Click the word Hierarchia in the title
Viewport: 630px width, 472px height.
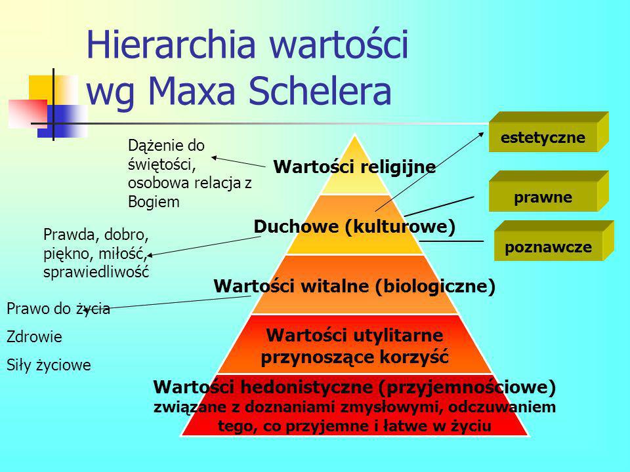[x=171, y=44]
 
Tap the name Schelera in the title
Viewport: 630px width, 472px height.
[x=320, y=91]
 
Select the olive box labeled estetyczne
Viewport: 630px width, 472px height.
[x=549, y=132]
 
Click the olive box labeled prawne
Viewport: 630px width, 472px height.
[x=549, y=191]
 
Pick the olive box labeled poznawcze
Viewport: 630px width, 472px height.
[x=554, y=241]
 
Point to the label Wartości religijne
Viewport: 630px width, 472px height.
[x=354, y=167]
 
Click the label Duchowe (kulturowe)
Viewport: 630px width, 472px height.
[x=354, y=227]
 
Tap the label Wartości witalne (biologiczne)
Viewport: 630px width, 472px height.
[x=354, y=286]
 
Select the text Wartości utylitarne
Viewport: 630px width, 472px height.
[x=354, y=335]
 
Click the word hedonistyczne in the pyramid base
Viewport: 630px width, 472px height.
[x=309, y=387]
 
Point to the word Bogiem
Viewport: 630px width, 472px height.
[x=154, y=202]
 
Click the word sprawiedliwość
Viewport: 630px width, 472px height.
[x=96, y=272]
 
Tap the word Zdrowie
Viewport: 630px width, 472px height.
[x=34, y=337]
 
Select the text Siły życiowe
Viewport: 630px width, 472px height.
[x=49, y=365]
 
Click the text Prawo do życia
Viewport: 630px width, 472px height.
[x=58, y=309]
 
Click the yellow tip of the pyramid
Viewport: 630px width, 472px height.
[x=355, y=165]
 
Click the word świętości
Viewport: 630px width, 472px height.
[x=161, y=165]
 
